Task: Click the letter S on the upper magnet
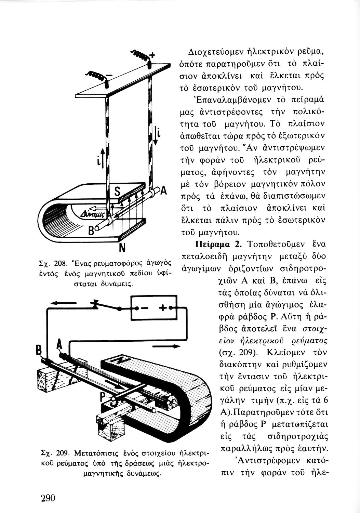pos(116,193)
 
